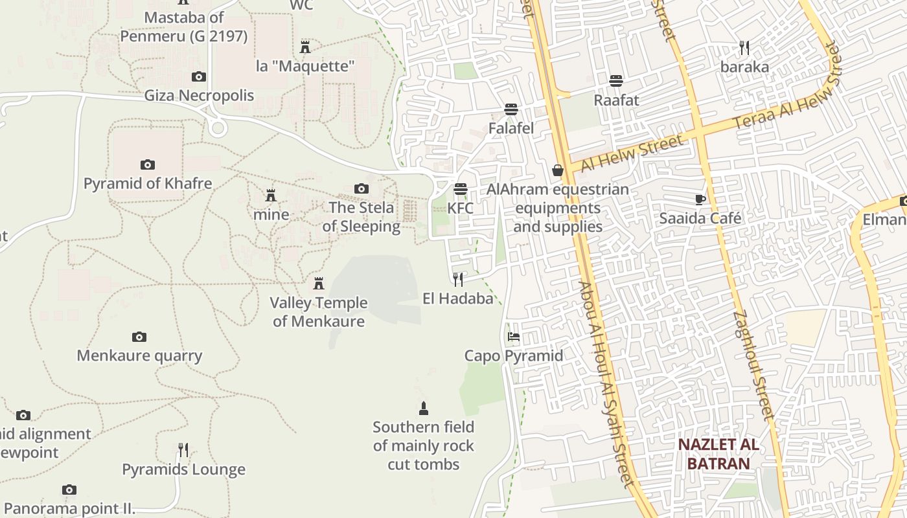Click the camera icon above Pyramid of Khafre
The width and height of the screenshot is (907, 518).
(148, 164)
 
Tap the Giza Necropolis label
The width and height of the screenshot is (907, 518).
(199, 96)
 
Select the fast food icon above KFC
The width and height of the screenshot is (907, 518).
(461, 189)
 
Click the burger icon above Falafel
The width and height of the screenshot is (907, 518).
(511, 109)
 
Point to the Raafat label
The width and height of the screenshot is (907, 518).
(616, 100)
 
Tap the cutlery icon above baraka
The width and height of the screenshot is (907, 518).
(744, 47)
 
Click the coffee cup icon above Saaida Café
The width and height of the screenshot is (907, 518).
(700, 199)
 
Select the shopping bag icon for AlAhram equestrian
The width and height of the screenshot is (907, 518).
(557, 170)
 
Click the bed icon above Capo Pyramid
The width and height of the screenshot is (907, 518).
(514, 337)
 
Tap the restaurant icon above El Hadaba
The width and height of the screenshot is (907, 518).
(458, 279)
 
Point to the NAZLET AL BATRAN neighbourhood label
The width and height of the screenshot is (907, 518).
(718, 454)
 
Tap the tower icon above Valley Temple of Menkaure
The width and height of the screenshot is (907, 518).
(318, 284)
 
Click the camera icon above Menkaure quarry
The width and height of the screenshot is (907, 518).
(139, 337)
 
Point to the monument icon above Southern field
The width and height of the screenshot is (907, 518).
(424, 408)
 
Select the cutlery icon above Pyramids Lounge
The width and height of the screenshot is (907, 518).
(183, 449)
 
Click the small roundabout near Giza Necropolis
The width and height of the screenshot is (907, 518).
(218, 128)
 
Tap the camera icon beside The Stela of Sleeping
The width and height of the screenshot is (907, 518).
(362, 188)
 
